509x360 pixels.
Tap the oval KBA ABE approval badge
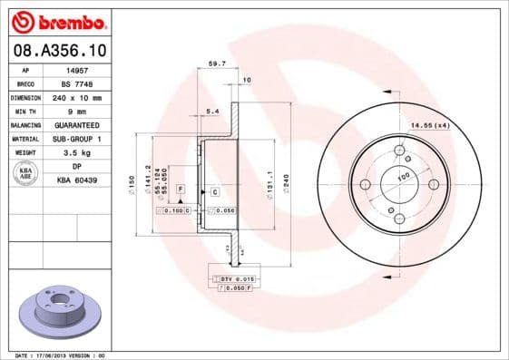coord(26,173)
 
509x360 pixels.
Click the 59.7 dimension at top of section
coord(216,64)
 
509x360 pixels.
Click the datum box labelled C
coord(215,192)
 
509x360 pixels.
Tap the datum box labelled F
coord(181,189)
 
